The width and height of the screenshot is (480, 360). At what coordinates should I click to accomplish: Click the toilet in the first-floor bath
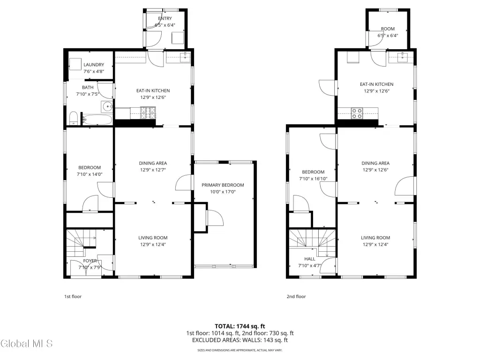[x=74, y=119]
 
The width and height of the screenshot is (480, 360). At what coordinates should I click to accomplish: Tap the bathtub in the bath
[x=97, y=120]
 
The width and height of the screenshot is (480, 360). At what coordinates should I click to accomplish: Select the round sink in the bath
[x=107, y=107]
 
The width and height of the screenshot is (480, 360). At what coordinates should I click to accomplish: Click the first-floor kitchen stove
[x=148, y=112]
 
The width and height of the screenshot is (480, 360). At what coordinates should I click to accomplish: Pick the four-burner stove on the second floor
[x=357, y=113]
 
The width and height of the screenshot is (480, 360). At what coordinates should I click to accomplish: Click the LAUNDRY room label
[x=94, y=65]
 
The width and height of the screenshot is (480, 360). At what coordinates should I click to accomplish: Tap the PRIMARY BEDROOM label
[x=223, y=185]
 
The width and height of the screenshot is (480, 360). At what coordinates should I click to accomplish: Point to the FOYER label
[x=90, y=261]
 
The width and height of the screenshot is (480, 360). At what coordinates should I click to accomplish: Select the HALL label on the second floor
[x=310, y=259]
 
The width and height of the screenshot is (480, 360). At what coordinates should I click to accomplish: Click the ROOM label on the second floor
[x=388, y=29]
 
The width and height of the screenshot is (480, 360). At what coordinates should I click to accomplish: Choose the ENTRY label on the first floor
[x=165, y=18]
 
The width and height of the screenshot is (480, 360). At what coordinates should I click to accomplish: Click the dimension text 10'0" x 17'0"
[x=223, y=192]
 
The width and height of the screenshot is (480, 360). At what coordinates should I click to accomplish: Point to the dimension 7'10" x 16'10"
[x=313, y=179]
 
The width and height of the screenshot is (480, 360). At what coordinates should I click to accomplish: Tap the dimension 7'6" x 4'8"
[x=94, y=71]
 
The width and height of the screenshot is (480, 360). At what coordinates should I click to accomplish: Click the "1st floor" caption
[x=73, y=296]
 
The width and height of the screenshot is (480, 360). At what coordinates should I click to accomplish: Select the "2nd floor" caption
[x=296, y=296]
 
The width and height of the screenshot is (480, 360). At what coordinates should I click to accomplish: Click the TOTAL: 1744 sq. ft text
[x=240, y=326]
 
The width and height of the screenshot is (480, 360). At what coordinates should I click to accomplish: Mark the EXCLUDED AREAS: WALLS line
[x=240, y=340]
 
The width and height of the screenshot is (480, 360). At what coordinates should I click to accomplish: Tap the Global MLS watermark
[x=26, y=344]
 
